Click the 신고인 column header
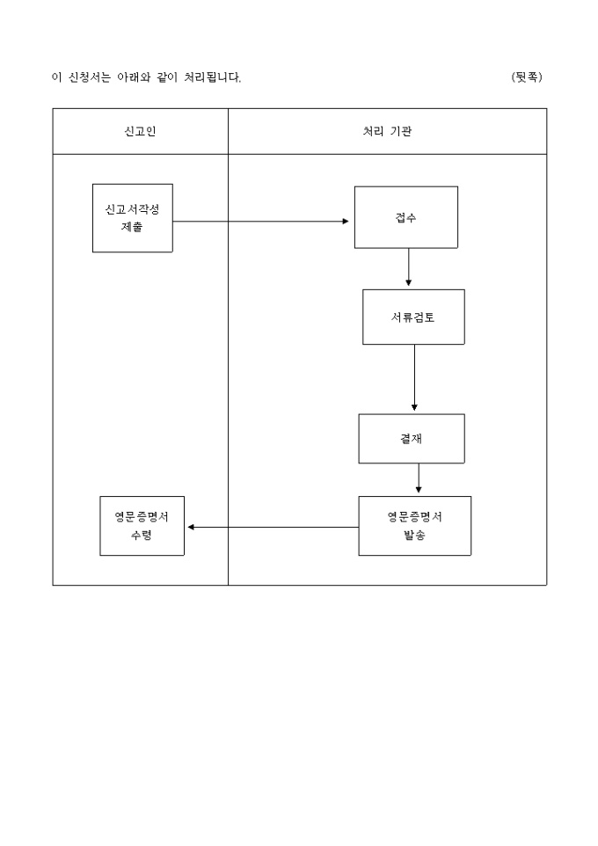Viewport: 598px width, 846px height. (141, 131)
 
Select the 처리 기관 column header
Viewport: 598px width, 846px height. (387, 131)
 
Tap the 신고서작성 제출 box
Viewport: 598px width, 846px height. (133, 218)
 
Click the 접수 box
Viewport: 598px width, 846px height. (406, 217)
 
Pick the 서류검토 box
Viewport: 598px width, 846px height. (413, 317)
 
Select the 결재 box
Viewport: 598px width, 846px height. (412, 438)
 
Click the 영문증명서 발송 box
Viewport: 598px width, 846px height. (414, 526)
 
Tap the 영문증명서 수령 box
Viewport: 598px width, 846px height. (142, 526)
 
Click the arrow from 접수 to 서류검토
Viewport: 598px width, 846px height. (409, 268)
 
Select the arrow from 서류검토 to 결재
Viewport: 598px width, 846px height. (414, 378)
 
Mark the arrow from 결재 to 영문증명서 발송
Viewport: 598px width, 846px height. (419, 479)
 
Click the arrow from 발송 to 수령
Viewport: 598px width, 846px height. (273, 527)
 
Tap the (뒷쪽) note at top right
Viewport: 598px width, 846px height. (527, 77)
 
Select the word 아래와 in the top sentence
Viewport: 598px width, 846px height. (135, 77)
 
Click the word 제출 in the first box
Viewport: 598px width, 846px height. (133, 227)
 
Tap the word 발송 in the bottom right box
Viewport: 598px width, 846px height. (414, 536)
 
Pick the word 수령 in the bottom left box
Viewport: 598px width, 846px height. (142, 536)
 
